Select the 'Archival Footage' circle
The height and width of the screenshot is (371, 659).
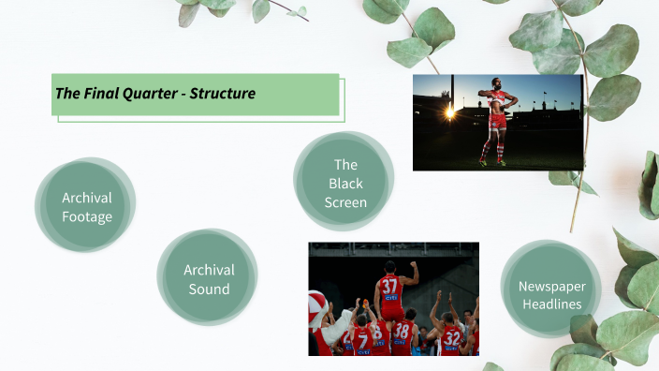click(x=86, y=207)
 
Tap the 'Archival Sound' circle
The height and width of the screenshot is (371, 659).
click(x=209, y=279)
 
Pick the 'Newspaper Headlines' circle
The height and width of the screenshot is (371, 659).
click(x=550, y=294)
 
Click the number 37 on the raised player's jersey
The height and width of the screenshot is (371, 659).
click(x=389, y=285)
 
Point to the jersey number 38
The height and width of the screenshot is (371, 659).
click(x=403, y=330)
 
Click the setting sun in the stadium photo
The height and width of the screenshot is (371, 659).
click(x=449, y=111)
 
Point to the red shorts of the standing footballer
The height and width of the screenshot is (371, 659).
click(x=498, y=121)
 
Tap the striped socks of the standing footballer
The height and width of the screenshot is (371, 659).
click(x=492, y=149)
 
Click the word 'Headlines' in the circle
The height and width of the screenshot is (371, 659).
click(x=550, y=304)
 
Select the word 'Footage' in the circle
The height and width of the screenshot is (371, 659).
click(x=86, y=216)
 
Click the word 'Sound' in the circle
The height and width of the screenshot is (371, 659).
click(x=209, y=289)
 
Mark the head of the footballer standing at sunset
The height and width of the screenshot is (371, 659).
click(x=497, y=83)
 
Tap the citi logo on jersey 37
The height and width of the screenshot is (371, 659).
click(x=389, y=297)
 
